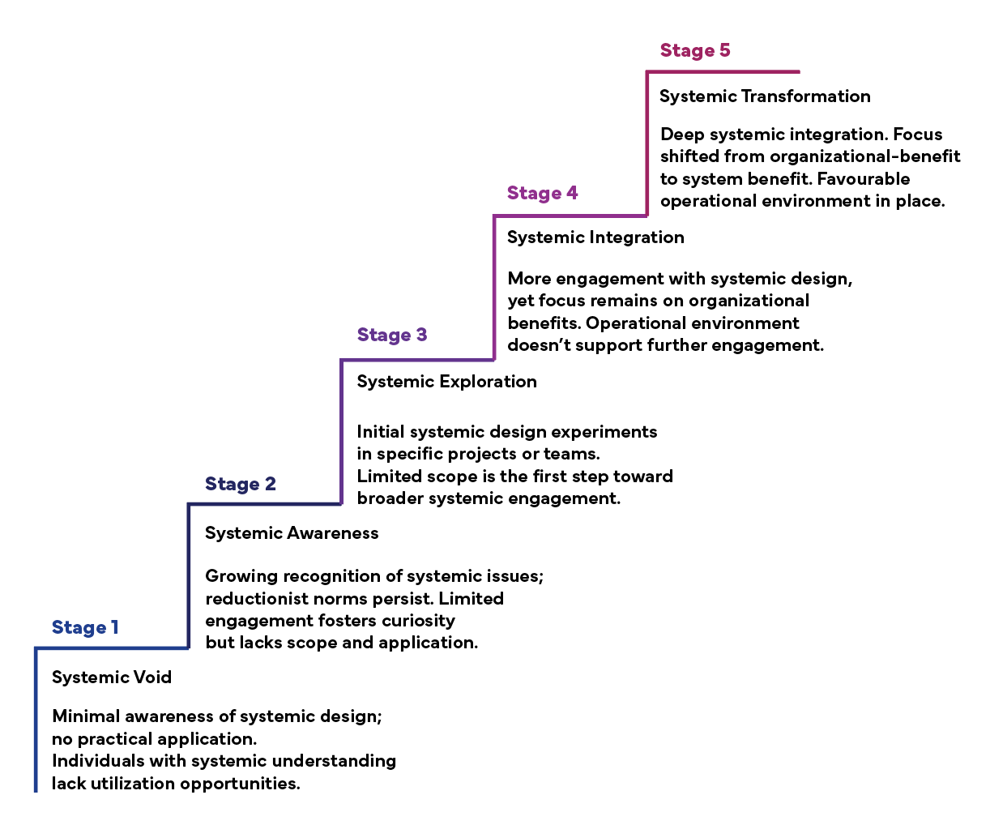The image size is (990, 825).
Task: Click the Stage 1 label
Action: (x=85, y=626)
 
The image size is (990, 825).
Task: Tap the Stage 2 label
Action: (x=241, y=484)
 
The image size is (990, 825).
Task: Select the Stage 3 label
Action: (x=392, y=335)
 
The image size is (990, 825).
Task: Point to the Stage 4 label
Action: (x=543, y=193)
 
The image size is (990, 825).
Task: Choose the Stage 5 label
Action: (x=695, y=49)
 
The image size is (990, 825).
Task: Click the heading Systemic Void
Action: (x=112, y=677)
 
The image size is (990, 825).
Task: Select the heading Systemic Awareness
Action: (x=292, y=532)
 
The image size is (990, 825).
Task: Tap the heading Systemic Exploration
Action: (x=446, y=382)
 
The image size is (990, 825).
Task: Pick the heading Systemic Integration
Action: (x=595, y=237)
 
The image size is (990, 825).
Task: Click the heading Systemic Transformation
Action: (x=765, y=96)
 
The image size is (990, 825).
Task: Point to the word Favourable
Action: (x=864, y=179)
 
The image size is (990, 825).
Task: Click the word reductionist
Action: (x=257, y=598)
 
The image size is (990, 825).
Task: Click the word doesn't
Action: (x=539, y=345)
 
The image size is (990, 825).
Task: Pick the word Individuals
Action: (x=98, y=760)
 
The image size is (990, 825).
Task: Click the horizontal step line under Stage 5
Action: (x=723, y=71)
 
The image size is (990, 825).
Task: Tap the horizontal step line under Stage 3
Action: (x=417, y=360)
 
